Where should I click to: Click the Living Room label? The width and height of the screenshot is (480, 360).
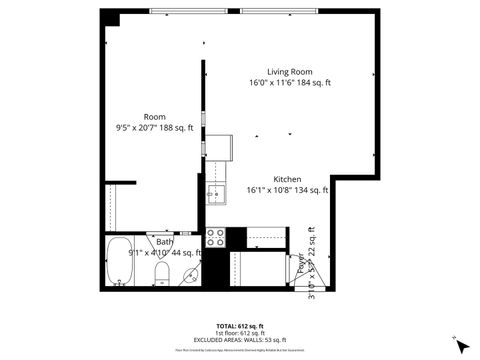pos(290,71)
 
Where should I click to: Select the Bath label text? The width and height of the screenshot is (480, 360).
pos(164,242)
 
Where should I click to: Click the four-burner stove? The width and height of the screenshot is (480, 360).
pos(215,237)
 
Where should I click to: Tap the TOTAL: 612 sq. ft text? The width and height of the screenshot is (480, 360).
pos(240,326)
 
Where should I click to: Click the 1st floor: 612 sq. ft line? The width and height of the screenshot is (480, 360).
pos(240,333)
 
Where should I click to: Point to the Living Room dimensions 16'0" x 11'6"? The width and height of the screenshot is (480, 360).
pos(290,82)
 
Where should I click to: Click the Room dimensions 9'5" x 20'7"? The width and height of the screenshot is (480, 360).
pos(154,128)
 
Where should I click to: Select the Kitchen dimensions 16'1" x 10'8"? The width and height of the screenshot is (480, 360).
pos(288,190)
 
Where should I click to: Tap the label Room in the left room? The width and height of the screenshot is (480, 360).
pos(154,117)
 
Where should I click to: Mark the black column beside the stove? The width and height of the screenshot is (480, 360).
pos(236,238)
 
